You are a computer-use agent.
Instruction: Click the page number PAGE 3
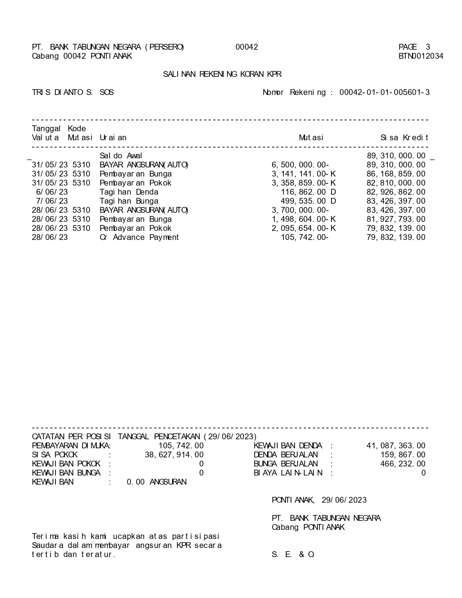tap(414, 47)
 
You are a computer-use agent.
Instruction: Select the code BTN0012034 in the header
tap(421, 56)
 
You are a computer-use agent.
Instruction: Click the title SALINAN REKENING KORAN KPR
tap(222, 74)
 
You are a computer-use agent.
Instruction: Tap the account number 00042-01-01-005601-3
tap(384, 92)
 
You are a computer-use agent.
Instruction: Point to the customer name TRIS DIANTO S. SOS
tap(73, 92)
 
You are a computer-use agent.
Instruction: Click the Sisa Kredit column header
tap(404, 138)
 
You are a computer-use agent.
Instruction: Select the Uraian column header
tap(113, 138)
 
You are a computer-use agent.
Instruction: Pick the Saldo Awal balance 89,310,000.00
tap(396, 156)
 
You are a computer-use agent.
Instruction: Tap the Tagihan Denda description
tap(129, 192)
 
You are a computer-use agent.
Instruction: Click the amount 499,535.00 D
tap(308, 201)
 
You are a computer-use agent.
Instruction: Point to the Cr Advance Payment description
tap(139, 237)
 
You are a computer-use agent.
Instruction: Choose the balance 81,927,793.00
tap(396, 219)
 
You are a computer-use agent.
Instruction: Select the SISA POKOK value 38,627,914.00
tap(174, 455)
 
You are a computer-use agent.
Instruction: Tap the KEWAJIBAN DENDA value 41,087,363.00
tap(396, 446)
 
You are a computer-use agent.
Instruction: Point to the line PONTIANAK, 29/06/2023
tap(319, 500)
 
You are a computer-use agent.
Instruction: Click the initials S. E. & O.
tap(293, 555)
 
